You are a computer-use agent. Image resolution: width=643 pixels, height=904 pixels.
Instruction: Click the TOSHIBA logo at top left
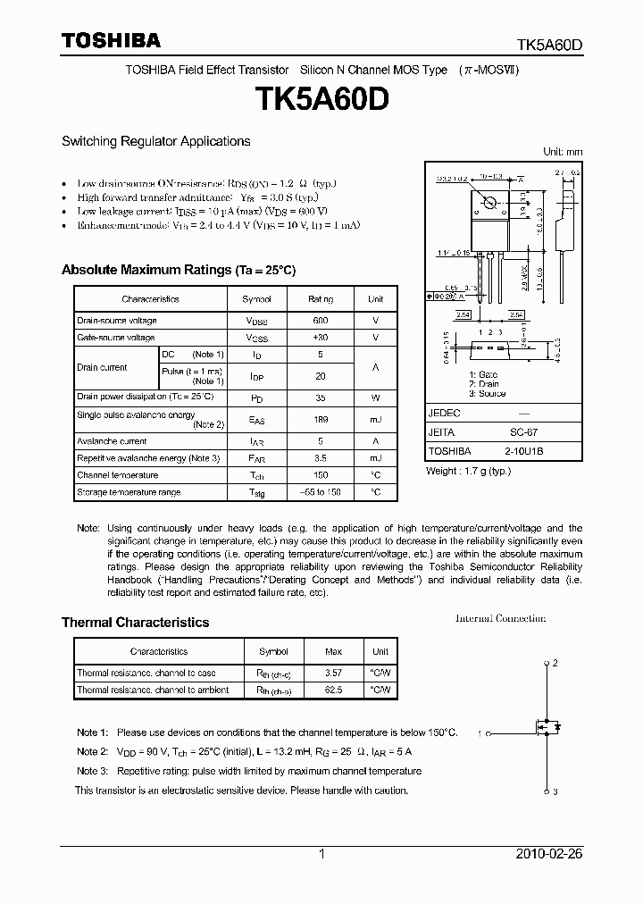pyautogui.click(x=111, y=40)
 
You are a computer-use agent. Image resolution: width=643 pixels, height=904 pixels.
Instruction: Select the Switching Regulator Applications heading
pyautogui.click(x=155, y=141)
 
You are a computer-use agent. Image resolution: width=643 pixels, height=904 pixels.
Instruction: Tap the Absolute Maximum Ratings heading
pyautogui.click(x=178, y=270)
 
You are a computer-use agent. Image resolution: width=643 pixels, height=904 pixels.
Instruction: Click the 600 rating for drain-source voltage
pyautogui.click(x=321, y=320)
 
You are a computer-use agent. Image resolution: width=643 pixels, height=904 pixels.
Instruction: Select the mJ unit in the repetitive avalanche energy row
pyautogui.click(x=376, y=457)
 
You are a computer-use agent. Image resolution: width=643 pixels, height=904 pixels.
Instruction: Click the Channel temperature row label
pyautogui.click(x=117, y=475)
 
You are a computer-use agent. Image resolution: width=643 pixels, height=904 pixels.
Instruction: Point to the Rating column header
pyautogui.click(x=321, y=299)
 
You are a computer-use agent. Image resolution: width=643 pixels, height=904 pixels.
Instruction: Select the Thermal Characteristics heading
pyautogui.click(x=135, y=623)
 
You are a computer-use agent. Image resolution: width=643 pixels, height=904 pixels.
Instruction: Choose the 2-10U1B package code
pyautogui.click(x=523, y=451)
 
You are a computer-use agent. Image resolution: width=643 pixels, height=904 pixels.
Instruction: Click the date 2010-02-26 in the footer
pyautogui.click(x=549, y=854)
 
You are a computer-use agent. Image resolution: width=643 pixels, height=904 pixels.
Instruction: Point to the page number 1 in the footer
pyautogui.click(x=321, y=854)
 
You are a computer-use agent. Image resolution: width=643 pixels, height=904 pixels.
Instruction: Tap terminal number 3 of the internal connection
pyautogui.click(x=554, y=791)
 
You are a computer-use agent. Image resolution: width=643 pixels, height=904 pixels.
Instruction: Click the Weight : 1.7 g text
pyautogui.click(x=468, y=470)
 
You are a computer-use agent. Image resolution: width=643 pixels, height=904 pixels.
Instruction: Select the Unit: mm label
pyautogui.click(x=563, y=152)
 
